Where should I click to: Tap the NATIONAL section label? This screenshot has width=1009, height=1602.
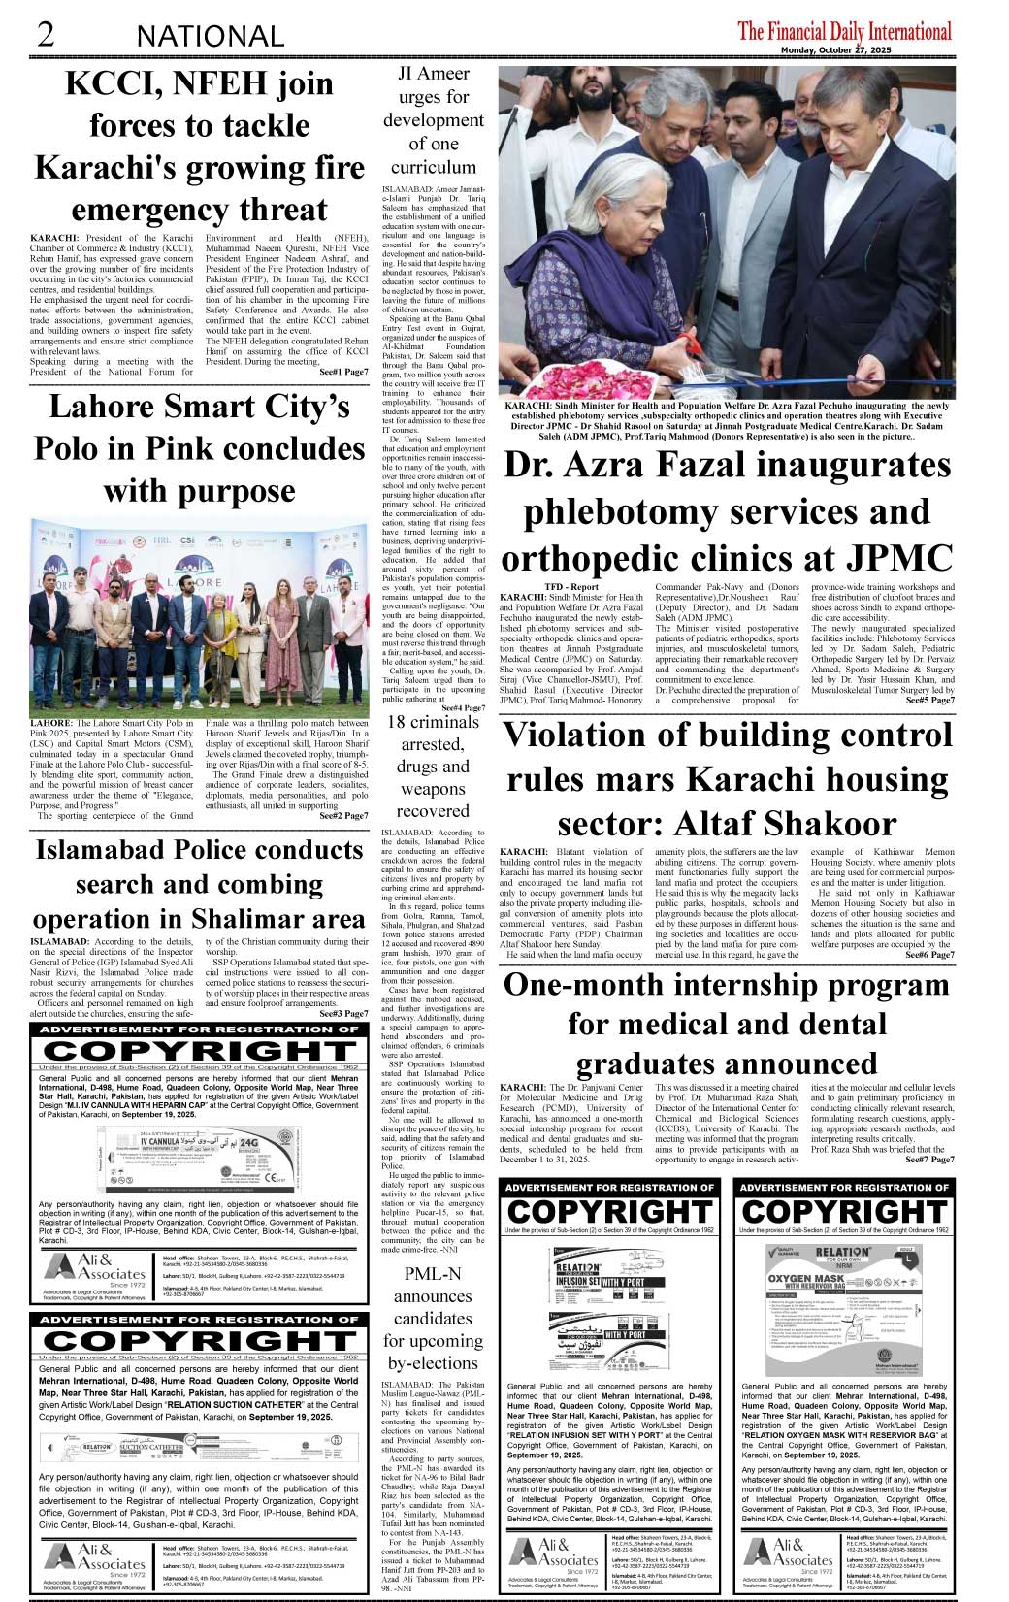tap(211, 36)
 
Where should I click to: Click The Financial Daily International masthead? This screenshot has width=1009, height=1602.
tap(844, 31)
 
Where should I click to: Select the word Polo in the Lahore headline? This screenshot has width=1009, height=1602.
tap(71, 448)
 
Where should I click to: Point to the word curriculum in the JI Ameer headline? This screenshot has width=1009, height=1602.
tap(433, 166)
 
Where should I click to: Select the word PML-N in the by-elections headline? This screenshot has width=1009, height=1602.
tap(433, 1273)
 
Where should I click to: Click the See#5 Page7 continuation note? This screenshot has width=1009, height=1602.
tap(928, 700)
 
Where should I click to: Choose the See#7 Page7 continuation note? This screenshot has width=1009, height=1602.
tap(928, 1159)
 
